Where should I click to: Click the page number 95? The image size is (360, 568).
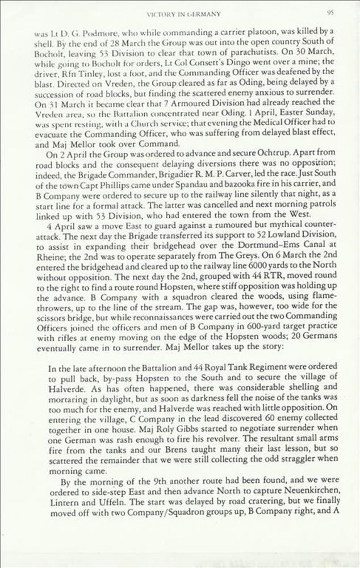tap(329, 12)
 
